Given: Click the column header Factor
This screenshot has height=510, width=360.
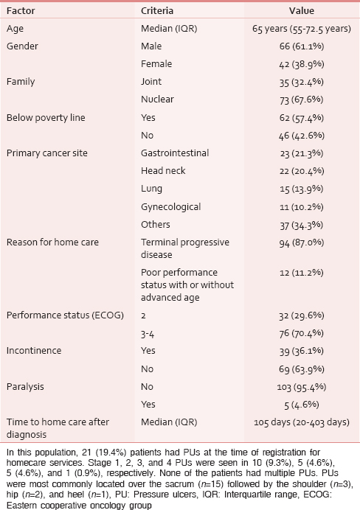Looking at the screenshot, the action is pos(21,11).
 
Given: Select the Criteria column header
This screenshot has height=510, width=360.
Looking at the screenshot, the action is pos(157,11).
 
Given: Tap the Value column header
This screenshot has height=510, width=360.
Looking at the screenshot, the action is pos(302,11).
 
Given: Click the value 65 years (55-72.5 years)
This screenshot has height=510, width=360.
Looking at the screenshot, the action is pos(302,29).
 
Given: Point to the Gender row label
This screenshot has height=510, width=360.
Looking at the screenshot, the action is pos(22,46).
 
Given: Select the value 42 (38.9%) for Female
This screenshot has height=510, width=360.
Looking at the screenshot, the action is pos(302,64).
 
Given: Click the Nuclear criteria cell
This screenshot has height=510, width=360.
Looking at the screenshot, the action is pos(157,99).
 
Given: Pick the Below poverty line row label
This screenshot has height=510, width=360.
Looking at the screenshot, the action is pos(46,117).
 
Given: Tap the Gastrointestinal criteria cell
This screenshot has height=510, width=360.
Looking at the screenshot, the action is pos(175,153).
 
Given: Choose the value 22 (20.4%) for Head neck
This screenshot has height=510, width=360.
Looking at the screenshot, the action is pos(302,171).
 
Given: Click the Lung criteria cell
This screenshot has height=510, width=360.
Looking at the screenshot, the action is pos(151,189).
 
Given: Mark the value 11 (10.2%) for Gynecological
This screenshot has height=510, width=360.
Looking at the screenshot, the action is pos(302,207).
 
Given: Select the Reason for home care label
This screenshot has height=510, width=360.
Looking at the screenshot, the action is pos(52,242).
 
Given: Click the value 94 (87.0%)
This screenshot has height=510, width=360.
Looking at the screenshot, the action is pos(302,242).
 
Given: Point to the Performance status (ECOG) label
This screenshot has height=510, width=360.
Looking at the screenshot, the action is pos(65,315).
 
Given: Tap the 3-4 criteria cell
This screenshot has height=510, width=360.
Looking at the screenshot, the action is pos(148,334).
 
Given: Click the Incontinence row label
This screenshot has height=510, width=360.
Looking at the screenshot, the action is pos(34,351).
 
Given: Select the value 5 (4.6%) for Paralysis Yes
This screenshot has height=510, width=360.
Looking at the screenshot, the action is pos(302,405).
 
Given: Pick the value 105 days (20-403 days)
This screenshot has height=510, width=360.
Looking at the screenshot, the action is pos(302,422).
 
